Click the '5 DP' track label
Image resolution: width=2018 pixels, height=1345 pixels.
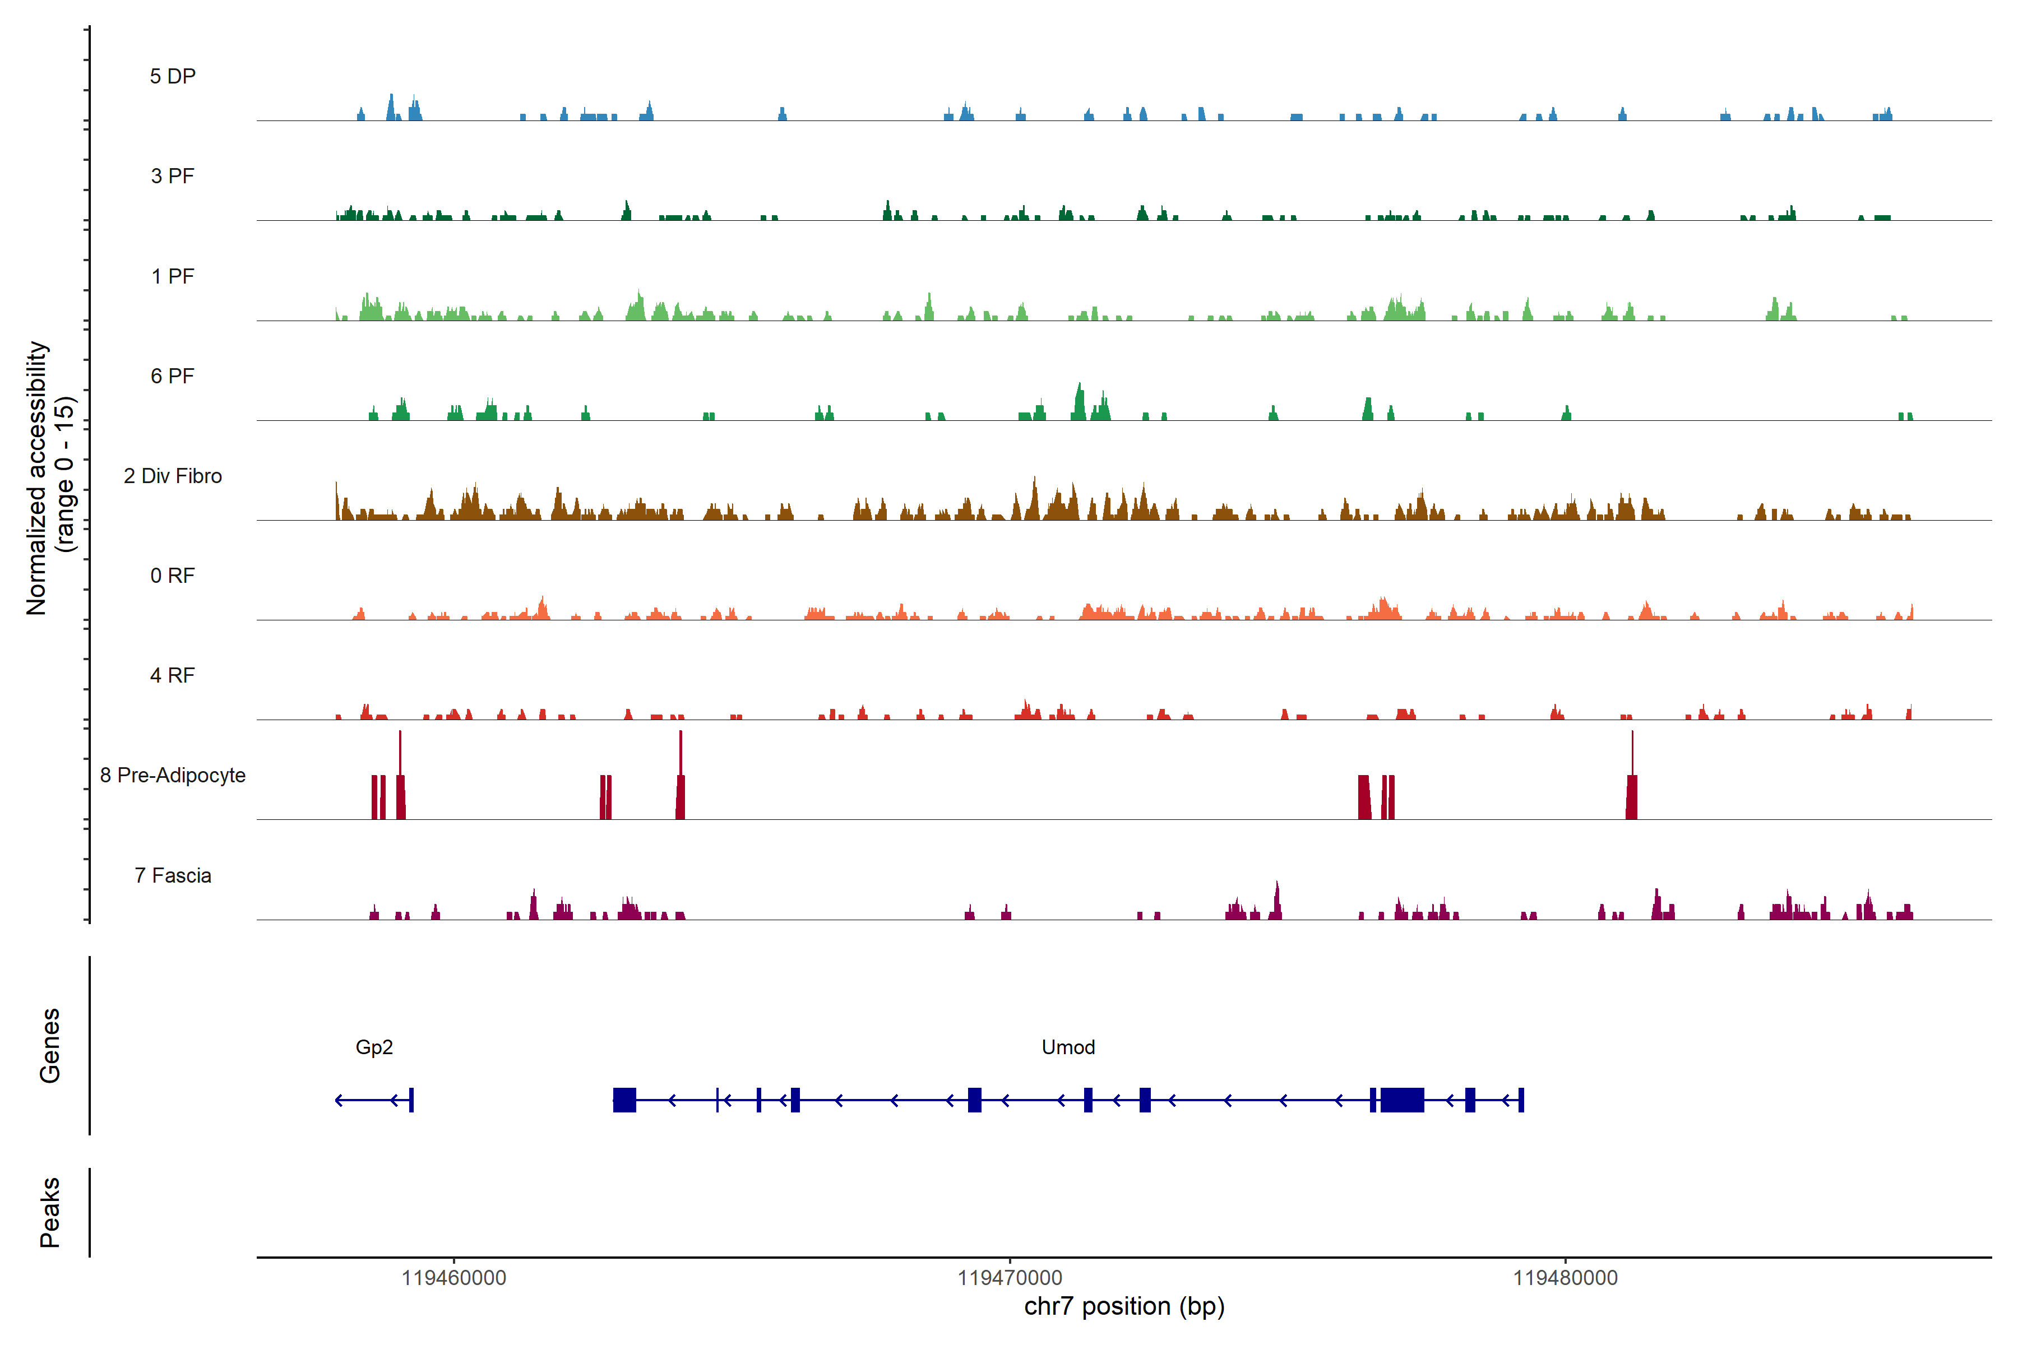(x=173, y=76)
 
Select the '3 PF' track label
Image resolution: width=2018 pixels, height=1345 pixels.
(x=173, y=176)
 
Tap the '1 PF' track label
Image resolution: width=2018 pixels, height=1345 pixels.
(x=173, y=276)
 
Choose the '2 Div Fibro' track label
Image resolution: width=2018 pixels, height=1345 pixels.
(x=173, y=476)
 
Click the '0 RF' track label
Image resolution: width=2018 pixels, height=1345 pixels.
(x=173, y=576)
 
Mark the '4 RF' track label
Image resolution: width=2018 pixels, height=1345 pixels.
(x=173, y=675)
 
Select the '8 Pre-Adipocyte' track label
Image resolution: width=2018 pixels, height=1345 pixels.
(x=173, y=776)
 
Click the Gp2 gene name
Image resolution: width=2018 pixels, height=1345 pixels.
(x=374, y=1047)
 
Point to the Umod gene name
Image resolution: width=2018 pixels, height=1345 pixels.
(x=1068, y=1047)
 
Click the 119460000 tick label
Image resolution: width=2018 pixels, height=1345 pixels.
(x=454, y=1278)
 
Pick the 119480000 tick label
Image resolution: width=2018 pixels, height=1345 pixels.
(x=1565, y=1278)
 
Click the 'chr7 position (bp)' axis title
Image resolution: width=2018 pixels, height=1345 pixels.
(x=1124, y=1306)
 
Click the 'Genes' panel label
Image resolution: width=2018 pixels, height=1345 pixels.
(x=50, y=1046)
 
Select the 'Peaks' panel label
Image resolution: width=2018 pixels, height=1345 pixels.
(x=50, y=1212)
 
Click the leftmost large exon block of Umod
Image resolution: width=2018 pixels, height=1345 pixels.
(x=624, y=1100)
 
